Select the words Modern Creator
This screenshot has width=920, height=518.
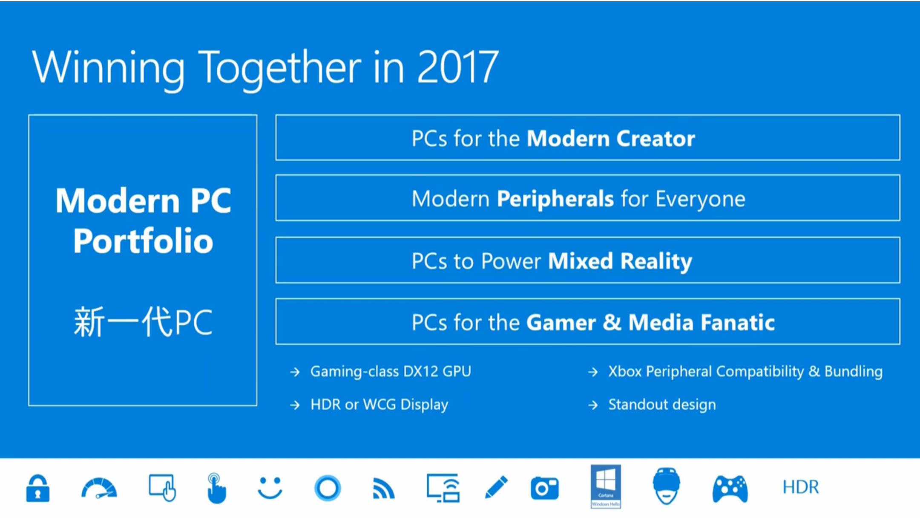pyautogui.click(x=611, y=139)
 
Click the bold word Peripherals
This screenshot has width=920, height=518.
pyautogui.click(x=555, y=199)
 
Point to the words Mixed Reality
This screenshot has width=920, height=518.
pyautogui.click(x=620, y=261)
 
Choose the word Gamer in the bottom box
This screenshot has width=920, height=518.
pyautogui.click(x=561, y=323)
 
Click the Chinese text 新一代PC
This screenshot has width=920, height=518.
pyautogui.click(x=143, y=322)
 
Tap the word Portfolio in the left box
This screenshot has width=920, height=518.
pyautogui.click(x=143, y=241)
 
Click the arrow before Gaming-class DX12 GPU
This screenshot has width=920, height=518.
pyautogui.click(x=295, y=372)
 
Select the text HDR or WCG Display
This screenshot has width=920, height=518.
pyautogui.click(x=379, y=405)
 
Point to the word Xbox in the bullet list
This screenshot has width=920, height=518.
pyautogui.click(x=625, y=371)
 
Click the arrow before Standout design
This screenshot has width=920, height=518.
pyautogui.click(x=593, y=405)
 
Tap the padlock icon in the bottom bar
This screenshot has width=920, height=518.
pyautogui.click(x=38, y=489)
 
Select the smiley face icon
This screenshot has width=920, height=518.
pyautogui.click(x=270, y=488)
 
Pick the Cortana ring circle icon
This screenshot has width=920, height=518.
pyautogui.click(x=327, y=488)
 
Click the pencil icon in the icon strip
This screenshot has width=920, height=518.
pyautogui.click(x=496, y=487)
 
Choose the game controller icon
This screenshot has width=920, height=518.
pyautogui.click(x=730, y=489)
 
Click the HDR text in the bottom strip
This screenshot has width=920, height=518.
pyautogui.click(x=801, y=487)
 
